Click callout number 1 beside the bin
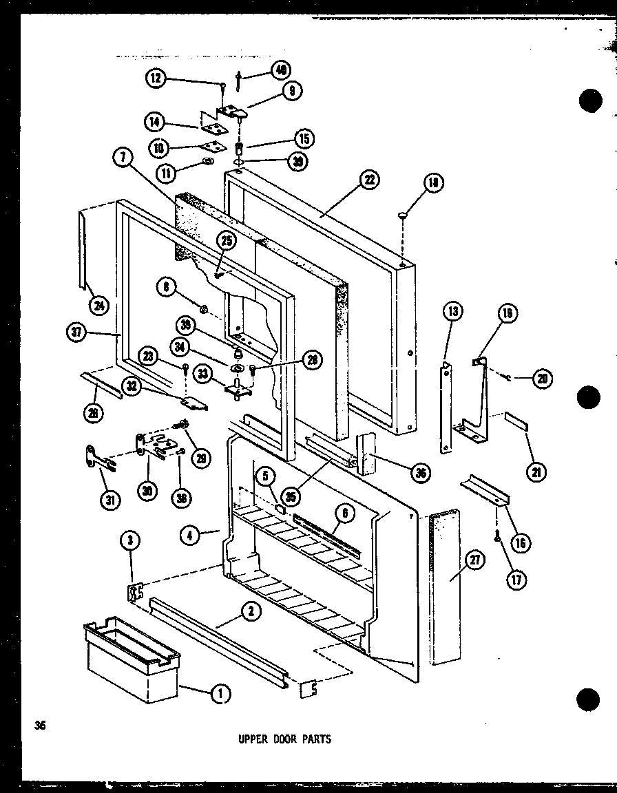click(220, 695)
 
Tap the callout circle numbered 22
click(369, 180)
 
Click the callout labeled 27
click(475, 560)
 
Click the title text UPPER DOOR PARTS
click(284, 739)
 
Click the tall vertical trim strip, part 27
click(444, 599)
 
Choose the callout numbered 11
click(165, 174)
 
